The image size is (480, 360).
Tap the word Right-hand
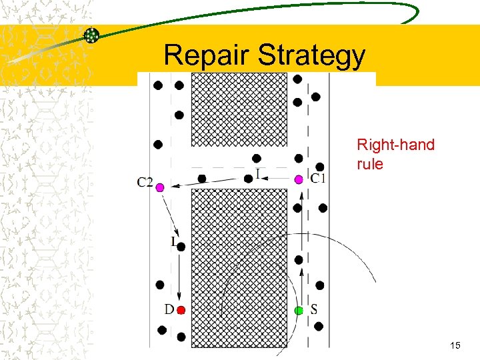395,145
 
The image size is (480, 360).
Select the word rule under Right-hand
370,163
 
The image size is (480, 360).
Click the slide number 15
455,345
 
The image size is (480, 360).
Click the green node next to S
299,310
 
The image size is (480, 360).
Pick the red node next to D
181,310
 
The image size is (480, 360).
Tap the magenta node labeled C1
299,179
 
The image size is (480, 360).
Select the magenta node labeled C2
160,188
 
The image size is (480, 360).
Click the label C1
318,178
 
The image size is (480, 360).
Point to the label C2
145,182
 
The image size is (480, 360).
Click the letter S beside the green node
314,310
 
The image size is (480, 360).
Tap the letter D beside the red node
169,310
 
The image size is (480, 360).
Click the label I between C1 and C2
258,175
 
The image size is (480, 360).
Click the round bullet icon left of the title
92,35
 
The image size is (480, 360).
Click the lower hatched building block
239,267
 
